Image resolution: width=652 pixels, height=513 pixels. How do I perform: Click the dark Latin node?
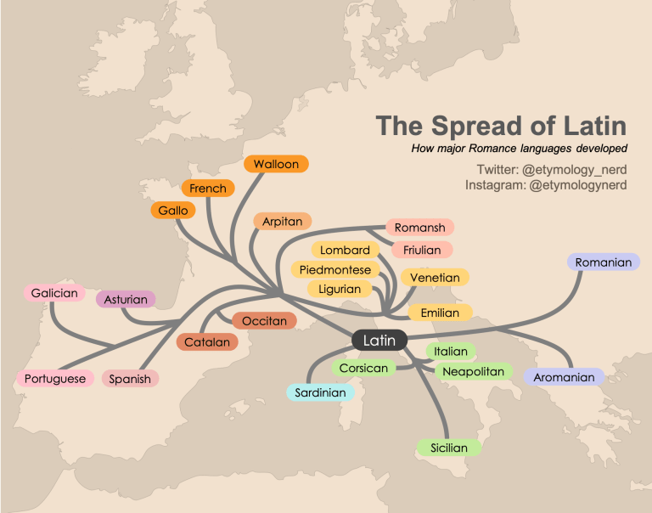coord(379,341)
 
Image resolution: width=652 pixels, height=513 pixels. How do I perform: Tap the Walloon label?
coord(276,164)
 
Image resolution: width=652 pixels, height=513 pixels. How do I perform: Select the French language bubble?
coord(208,189)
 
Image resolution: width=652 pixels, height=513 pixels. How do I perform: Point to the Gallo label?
coord(173,210)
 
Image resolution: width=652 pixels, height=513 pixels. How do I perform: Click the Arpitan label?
coord(282,222)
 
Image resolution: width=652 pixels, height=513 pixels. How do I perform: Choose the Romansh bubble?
coord(420,228)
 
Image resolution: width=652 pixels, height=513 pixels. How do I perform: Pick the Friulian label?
coord(422,250)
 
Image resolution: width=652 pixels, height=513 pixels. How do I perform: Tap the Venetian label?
coord(435,278)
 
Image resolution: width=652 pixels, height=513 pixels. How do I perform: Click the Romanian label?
coord(603,262)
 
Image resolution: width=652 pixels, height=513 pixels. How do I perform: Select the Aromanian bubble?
coord(564,377)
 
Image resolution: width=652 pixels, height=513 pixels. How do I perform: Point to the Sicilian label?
coord(448,448)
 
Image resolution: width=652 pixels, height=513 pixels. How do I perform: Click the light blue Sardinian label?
coord(320,392)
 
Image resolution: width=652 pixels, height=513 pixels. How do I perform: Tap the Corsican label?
coord(363,369)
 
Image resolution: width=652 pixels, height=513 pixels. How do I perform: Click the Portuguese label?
coord(55,379)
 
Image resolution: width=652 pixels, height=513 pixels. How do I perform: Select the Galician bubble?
coord(54,294)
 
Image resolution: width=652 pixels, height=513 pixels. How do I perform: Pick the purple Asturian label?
coord(126,300)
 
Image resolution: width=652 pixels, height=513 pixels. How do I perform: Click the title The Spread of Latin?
coord(501,127)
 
